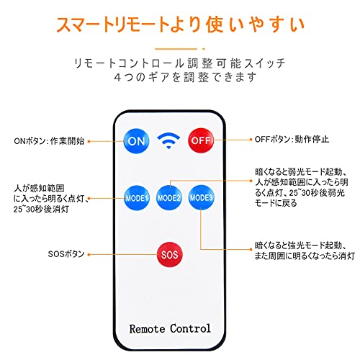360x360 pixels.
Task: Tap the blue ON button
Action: (136, 141)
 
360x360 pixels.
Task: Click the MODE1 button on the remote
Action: (137, 198)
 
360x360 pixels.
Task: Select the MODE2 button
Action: (169, 198)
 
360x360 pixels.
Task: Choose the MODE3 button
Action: (201, 197)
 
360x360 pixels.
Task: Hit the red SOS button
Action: (169, 254)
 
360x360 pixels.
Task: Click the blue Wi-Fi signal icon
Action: (168, 140)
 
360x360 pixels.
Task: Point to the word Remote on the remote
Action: (147, 329)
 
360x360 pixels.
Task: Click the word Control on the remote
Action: (190, 328)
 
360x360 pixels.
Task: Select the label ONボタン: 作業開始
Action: (49, 141)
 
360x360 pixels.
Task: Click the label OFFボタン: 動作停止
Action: (292, 139)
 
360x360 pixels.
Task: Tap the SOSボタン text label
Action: (66, 254)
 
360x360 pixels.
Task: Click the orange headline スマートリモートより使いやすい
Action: (181, 24)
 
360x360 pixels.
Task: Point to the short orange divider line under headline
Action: (180, 49)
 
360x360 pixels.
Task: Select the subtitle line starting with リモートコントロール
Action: (180, 63)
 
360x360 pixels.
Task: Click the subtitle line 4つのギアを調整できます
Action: (185, 77)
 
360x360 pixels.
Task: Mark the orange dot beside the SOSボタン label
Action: (89, 254)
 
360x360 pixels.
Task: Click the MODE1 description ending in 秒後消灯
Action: (50, 199)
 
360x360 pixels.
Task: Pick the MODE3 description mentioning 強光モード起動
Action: (305, 251)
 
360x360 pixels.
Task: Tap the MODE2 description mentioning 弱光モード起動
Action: (302, 187)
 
